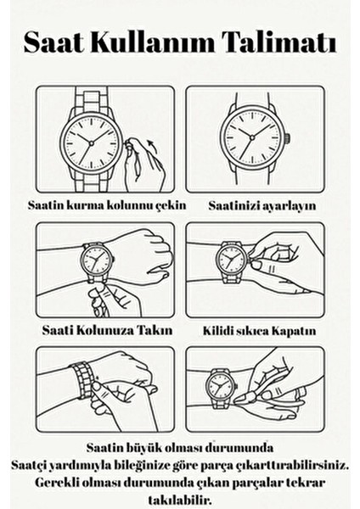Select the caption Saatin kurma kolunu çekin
pos(104,205)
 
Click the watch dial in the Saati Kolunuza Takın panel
pos(96,261)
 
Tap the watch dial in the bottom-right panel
pos(219,389)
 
